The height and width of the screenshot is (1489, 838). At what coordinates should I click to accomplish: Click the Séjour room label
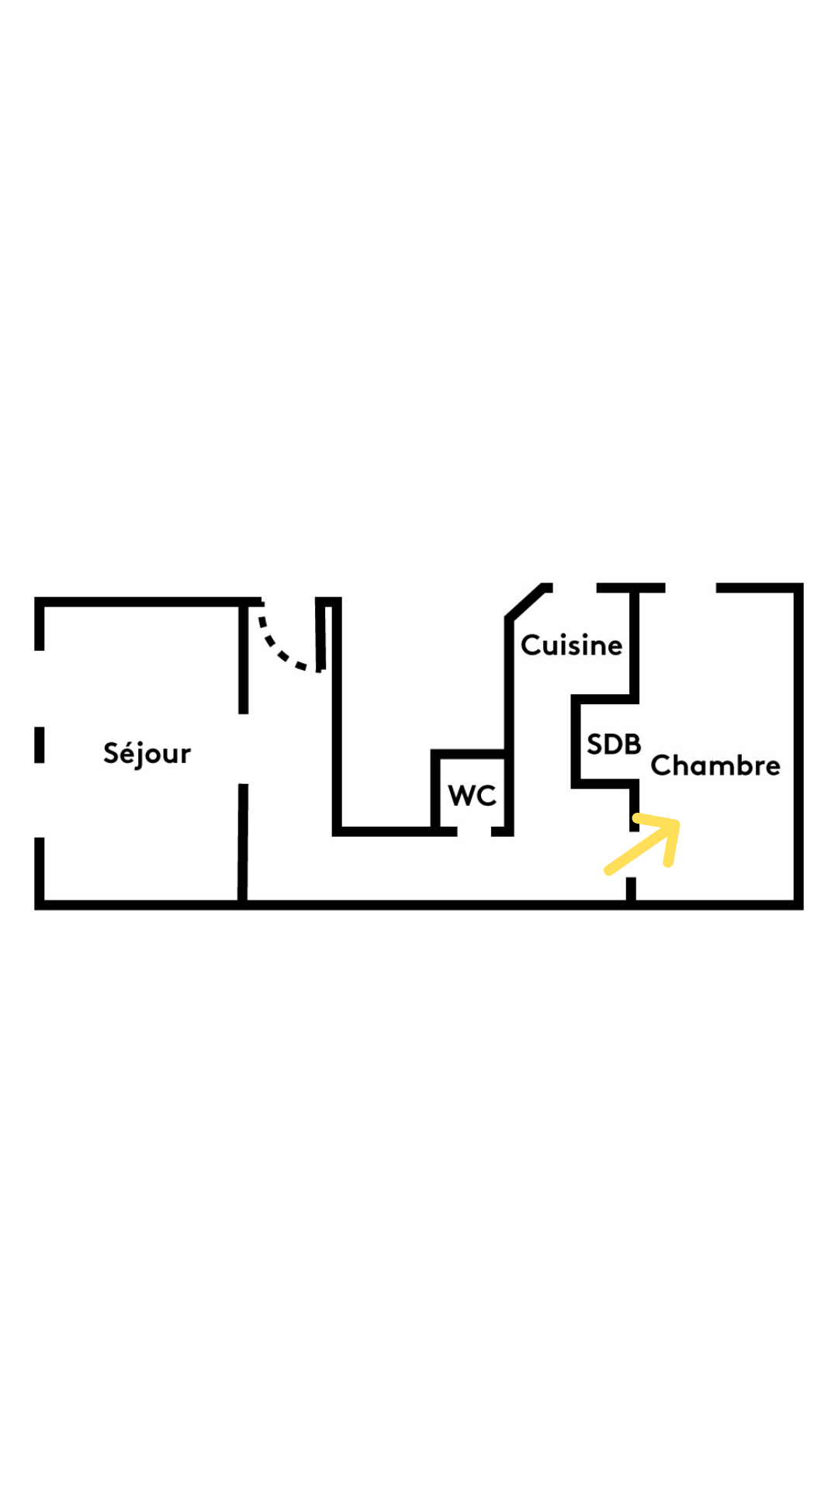pos(147,753)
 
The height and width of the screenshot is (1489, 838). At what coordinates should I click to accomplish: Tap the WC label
pos(472,796)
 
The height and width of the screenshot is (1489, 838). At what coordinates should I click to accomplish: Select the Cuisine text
pos(571,645)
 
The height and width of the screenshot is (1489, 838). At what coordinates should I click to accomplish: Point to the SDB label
pos(614,744)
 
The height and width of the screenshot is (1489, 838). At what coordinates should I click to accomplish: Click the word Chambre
pos(715,765)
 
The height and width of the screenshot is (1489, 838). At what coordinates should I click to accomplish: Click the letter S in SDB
pos(595,744)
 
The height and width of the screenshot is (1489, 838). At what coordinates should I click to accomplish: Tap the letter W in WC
pos(462,796)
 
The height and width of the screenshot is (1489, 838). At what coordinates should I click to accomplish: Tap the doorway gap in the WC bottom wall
pos(474,831)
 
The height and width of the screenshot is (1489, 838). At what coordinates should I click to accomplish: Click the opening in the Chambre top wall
pos(691,588)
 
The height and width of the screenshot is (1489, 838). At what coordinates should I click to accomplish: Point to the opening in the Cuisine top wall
pos(574,588)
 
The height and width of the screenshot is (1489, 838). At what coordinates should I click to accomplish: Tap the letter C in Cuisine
pos(531,645)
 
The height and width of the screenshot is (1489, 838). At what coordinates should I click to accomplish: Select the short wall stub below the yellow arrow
pos(631,889)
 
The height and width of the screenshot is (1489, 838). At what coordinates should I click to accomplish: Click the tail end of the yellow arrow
pos(610,871)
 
